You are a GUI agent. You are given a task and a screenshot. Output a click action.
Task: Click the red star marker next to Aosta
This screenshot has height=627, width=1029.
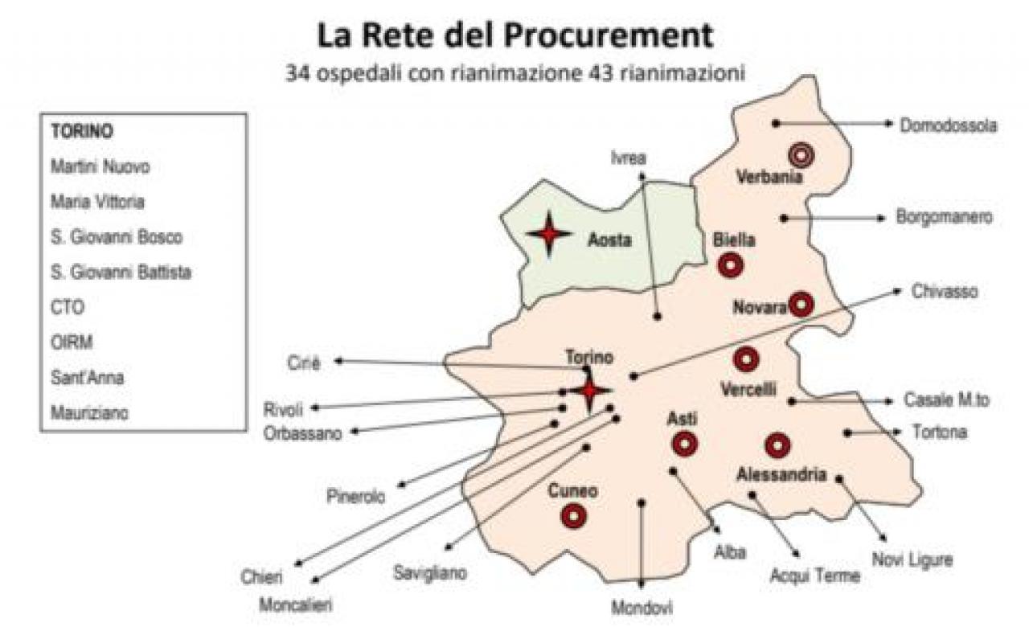[x=549, y=234]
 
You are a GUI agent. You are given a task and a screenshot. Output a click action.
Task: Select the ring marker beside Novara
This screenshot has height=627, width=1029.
[x=801, y=304]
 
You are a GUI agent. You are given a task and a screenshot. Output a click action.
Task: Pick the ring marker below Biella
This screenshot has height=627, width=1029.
[x=731, y=264]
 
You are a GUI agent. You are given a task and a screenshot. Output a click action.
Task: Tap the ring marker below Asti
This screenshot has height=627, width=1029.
[x=685, y=443]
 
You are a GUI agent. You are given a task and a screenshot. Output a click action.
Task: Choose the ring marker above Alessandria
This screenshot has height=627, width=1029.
[x=777, y=445]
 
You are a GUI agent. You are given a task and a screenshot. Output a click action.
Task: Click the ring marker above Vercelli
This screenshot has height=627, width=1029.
[x=746, y=359]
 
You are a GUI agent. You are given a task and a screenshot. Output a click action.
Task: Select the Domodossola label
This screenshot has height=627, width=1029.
[x=949, y=125]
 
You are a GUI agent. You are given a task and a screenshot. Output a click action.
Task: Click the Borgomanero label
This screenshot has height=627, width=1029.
[x=944, y=218]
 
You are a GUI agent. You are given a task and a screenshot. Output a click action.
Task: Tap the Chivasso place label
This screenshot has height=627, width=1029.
[x=945, y=291]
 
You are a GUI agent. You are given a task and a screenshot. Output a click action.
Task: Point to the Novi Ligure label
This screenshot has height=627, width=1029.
[x=912, y=559]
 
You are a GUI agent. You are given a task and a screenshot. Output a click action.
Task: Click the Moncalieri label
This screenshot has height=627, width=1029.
[x=295, y=604]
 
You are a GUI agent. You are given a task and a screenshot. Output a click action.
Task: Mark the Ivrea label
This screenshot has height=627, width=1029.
[x=628, y=158]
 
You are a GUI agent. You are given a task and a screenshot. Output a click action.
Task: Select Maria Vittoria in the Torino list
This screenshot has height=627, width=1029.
[x=96, y=202]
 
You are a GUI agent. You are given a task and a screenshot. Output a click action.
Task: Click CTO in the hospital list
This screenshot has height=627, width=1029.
[x=67, y=307]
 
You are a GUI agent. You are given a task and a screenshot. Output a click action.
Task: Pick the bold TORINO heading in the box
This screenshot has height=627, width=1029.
[x=81, y=132]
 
